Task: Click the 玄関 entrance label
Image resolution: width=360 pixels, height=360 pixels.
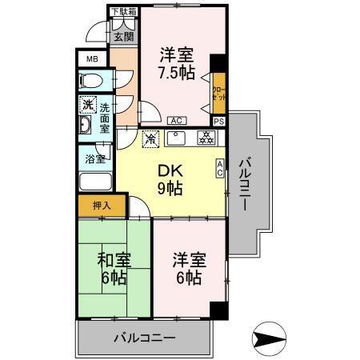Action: coord(123,36)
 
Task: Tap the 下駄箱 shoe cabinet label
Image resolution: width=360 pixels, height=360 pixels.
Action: coord(123,11)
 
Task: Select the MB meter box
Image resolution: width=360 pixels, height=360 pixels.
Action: coord(91,59)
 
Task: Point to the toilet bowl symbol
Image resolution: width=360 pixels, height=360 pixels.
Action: coord(90,82)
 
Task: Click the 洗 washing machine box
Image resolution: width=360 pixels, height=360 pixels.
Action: coord(87,105)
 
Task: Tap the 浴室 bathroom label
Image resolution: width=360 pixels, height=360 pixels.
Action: coord(95,158)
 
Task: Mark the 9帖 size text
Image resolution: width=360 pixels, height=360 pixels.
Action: coord(169,189)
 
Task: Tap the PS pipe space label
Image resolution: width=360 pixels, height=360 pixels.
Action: coord(219,121)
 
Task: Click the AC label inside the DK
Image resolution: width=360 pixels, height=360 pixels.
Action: coord(219,167)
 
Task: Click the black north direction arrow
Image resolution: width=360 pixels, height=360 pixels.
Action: coord(270,337)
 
